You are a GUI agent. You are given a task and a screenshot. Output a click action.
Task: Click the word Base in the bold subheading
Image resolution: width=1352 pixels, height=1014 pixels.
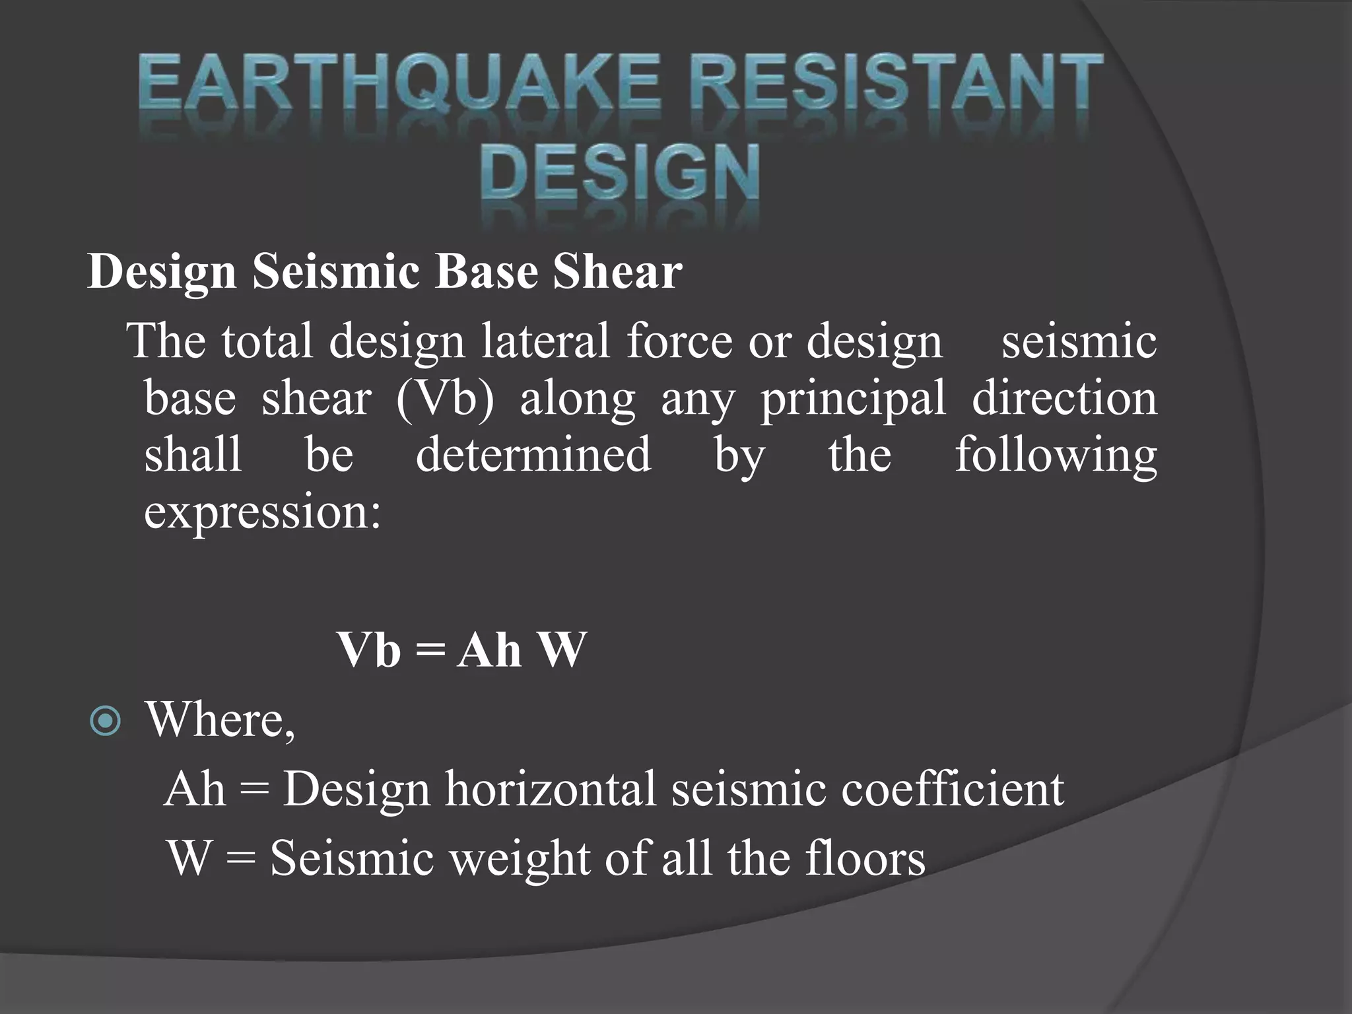[x=487, y=271]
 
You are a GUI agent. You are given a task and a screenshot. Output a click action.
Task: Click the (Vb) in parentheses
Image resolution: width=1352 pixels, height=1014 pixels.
[x=445, y=398]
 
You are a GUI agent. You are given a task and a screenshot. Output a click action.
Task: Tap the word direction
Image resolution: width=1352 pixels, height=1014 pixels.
[x=1064, y=398]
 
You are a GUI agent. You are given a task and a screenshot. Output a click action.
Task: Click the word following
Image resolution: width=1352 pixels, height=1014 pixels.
[x=1056, y=456]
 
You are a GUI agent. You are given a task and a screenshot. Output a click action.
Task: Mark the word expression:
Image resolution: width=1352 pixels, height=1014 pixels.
[x=263, y=512]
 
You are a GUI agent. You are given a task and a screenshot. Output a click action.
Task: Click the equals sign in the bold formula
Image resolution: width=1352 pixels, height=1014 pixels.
[x=429, y=651]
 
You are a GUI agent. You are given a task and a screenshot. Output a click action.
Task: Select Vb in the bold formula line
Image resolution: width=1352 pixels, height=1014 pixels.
[x=369, y=650]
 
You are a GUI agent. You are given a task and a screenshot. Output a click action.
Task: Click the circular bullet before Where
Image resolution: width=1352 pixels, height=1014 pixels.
[x=105, y=722]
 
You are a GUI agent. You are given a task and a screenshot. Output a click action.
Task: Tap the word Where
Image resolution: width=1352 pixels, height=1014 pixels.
[x=220, y=719]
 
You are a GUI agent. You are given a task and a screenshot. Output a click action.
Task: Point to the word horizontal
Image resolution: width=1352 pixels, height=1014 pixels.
[x=551, y=788]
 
